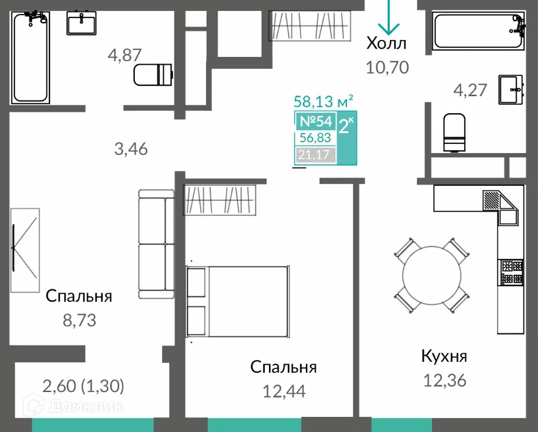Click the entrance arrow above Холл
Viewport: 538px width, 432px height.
(x=387, y=18)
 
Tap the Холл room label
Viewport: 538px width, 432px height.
(x=387, y=44)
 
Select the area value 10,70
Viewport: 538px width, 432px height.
(x=387, y=67)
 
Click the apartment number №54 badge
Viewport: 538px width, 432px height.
(x=316, y=121)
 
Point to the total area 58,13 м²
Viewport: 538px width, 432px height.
(x=323, y=100)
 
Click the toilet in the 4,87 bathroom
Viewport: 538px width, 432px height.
(x=153, y=75)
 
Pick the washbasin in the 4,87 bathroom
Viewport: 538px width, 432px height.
(x=82, y=25)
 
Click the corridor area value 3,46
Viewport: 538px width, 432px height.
(x=131, y=148)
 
